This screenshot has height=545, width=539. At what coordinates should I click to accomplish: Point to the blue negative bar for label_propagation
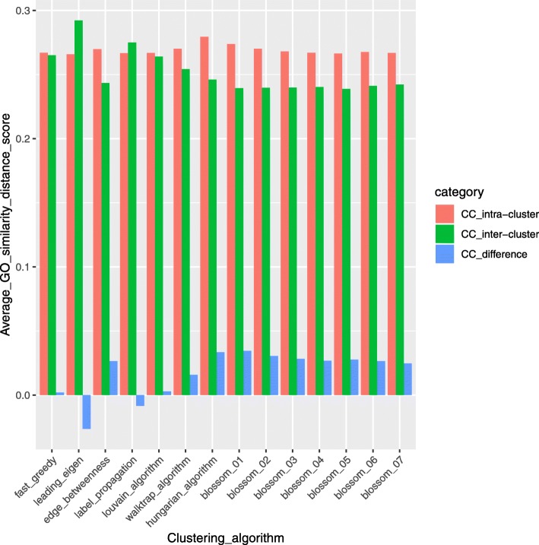click(140, 401)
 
